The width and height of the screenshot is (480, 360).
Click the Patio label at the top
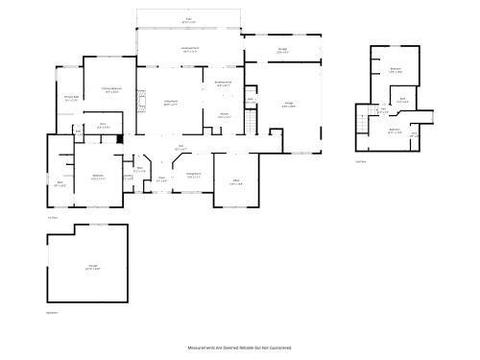point(188,19)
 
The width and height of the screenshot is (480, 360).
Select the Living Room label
point(171,104)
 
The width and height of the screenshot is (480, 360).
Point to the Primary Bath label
point(71,98)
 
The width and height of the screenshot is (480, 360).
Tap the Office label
point(235,183)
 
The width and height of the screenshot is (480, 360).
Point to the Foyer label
point(161,179)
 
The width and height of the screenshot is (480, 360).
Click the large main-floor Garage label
point(289,105)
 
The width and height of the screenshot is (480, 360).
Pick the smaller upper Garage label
point(281,52)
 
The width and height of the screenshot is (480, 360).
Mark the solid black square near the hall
point(119,138)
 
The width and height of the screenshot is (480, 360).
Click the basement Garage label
point(93,266)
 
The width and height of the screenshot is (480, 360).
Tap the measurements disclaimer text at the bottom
point(238,348)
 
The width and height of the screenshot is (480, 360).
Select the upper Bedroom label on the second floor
point(396,69)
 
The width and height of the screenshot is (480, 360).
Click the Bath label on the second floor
point(403,99)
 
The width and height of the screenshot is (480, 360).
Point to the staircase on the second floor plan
point(362,117)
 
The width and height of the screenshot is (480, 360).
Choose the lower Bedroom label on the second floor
point(395,131)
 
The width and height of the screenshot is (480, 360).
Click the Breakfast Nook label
point(223,84)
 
